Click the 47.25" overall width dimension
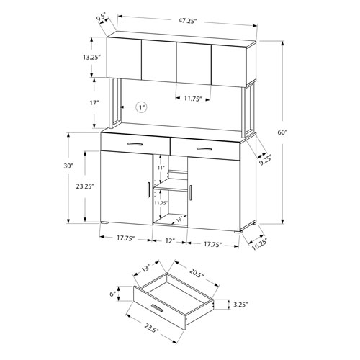pos(187,21)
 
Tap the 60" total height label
pos(283,132)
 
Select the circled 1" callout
pos(141,107)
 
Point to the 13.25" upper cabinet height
pos(91,58)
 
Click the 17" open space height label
pos(94,103)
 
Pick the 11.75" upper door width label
pos(193,99)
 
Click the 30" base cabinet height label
pos(68,166)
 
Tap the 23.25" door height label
pos(85,186)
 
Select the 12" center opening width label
pos(169,240)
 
